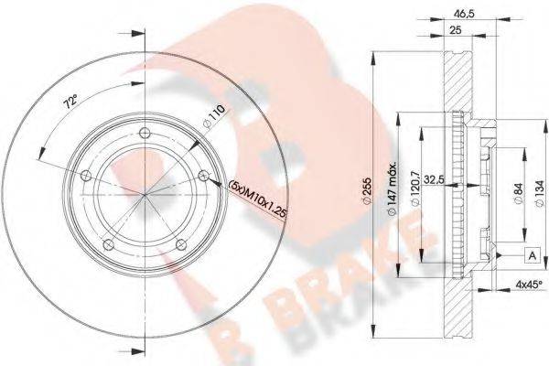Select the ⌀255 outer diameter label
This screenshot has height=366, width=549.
[377, 192]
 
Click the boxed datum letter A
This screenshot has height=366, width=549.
[530, 253]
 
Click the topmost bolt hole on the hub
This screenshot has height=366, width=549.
[145, 137]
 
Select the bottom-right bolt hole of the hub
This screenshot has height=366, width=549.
[180, 243]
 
